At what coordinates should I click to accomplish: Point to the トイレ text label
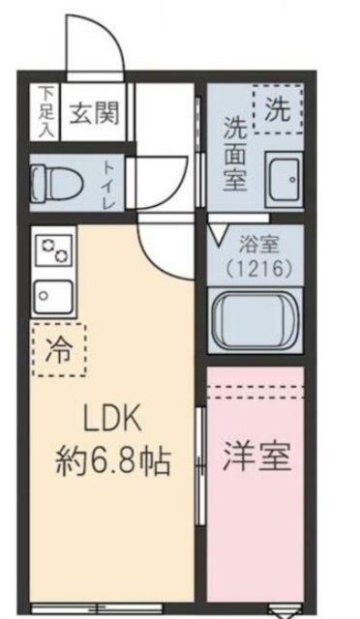pyautogui.click(x=107, y=179)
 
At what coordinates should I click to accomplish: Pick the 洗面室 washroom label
pyautogui.click(x=235, y=152)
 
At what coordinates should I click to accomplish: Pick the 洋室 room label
pyautogui.click(x=258, y=457)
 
